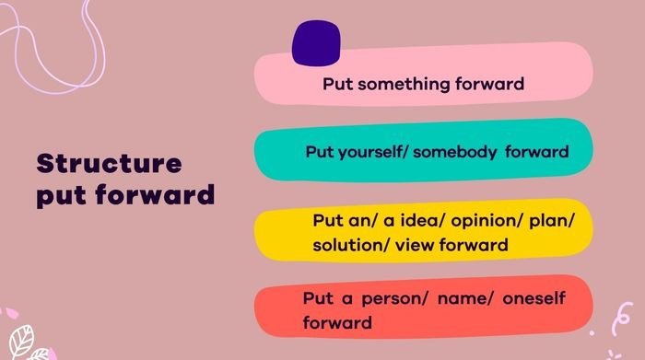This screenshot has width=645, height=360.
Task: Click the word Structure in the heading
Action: [109, 164]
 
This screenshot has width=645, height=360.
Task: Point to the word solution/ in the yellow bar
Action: [347, 245]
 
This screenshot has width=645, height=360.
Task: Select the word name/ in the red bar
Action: [448, 299]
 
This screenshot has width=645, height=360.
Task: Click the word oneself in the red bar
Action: [528, 299]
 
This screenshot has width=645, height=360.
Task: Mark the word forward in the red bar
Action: [336, 323]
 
